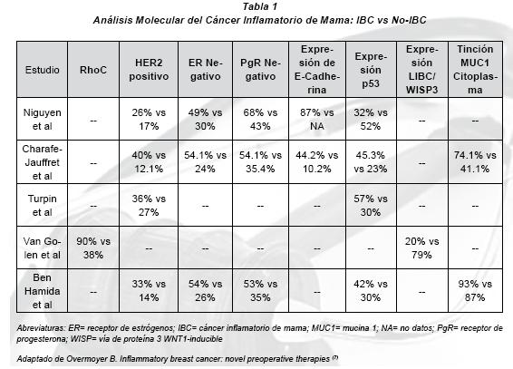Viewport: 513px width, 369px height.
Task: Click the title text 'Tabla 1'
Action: pos(260,6)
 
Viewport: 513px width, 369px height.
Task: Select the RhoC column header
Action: pos(93,70)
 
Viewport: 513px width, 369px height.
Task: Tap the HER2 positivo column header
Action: pos(149,69)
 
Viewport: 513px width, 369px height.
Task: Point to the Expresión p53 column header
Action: pos(371,70)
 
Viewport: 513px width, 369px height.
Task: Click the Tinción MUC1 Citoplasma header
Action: pos(475,69)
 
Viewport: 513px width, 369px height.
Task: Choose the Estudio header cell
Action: pos(43,70)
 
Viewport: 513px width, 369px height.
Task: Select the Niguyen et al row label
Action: pos(43,119)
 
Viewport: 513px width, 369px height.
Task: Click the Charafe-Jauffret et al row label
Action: pos(43,162)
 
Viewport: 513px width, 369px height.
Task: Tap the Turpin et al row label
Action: pos(43,205)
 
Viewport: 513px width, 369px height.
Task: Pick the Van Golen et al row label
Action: pos(43,248)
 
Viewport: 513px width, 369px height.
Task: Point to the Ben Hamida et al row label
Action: pos(43,291)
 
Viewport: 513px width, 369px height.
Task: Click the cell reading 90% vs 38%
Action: pos(93,248)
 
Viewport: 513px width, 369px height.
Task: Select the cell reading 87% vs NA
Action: pos(316,119)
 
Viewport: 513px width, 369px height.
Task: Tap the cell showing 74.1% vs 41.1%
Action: pos(475,162)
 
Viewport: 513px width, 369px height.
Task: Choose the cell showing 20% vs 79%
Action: pos(421,248)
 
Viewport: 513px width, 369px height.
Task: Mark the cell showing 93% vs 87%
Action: pos(475,290)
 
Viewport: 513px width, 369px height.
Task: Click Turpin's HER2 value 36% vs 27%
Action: pos(149,205)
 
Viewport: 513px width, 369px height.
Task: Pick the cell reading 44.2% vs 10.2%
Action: pos(316,162)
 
